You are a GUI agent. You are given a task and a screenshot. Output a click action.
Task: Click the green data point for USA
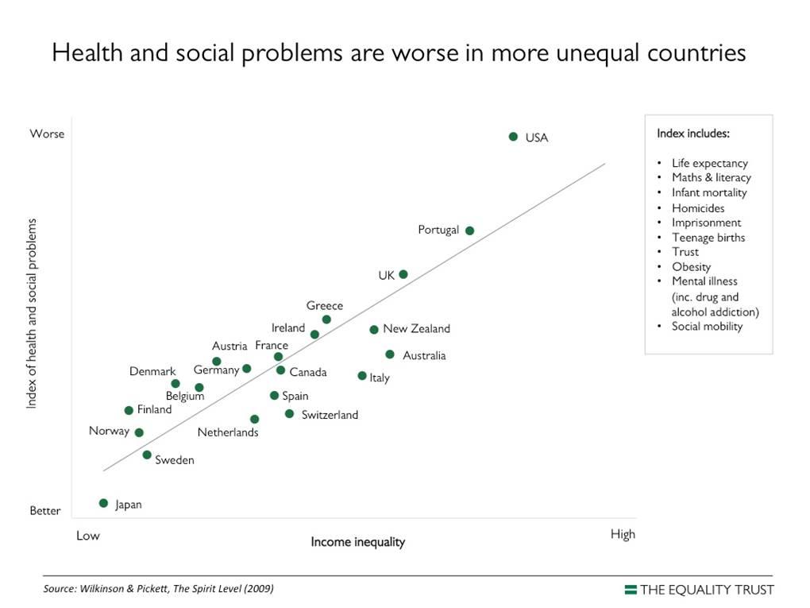(x=513, y=137)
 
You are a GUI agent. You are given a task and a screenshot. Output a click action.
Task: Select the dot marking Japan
(x=103, y=503)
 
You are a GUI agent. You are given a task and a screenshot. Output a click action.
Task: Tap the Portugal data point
(x=469, y=230)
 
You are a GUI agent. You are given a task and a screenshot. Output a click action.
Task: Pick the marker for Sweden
(x=147, y=455)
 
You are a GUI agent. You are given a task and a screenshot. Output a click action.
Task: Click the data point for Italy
(x=362, y=376)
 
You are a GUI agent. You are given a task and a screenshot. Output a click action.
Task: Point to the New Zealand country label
(x=416, y=329)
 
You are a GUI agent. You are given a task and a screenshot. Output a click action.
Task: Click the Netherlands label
(x=228, y=433)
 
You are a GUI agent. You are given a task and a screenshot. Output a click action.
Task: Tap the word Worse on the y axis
(x=47, y=134)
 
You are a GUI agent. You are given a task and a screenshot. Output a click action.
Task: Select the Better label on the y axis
(x=45, y=511)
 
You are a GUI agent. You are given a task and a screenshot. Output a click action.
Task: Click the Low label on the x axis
(x=88, y=536)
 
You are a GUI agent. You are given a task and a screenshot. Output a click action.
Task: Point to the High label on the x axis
(x=623, y=534)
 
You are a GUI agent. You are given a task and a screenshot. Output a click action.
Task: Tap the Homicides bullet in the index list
(x=698, y=208)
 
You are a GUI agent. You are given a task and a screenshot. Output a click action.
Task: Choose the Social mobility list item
(x=707, y=326)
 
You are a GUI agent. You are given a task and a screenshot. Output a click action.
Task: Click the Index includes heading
(x=693, y=134)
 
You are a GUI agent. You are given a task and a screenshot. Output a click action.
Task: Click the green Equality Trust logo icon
(x=631, y=590)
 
